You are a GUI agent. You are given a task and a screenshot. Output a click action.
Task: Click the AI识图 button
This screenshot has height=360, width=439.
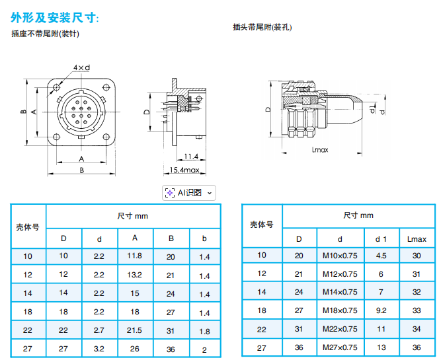pos(189,193)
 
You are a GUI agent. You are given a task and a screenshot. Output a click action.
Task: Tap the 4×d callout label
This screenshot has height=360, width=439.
pos(82,67)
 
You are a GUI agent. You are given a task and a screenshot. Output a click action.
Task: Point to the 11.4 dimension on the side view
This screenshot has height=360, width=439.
pos(191,157)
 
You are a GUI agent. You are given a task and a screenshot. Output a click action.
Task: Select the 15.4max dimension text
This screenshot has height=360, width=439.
pos(184,170)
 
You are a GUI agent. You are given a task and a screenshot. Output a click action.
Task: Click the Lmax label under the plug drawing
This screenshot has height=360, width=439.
pos(320,150)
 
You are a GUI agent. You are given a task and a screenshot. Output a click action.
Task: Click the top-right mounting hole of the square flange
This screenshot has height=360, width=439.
pos(106,87)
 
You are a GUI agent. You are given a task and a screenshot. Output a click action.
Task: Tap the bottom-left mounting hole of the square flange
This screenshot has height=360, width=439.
pos(57,137)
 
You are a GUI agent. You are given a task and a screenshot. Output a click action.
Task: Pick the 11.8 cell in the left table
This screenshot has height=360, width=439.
pos(135,256)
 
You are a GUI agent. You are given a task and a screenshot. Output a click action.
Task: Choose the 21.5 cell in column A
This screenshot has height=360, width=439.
pos(134,330)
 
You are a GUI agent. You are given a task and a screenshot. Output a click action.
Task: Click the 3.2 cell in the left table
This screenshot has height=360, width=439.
pos(99,349)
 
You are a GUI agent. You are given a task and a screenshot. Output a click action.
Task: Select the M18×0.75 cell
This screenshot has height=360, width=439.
pos(340,310)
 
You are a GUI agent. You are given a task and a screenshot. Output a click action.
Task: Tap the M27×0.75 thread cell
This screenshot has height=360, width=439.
pos(340,347)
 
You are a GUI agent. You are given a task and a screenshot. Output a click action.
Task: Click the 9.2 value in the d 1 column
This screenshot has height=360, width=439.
pos(381,310)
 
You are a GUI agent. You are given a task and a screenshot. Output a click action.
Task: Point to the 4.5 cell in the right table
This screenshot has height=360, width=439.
pos(381,256)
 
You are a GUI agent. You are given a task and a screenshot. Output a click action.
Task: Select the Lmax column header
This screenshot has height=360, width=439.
pos(417,239)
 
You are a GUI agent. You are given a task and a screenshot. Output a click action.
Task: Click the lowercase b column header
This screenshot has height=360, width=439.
pos(204,238)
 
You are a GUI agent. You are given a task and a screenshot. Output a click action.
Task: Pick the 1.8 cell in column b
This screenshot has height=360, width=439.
pos(205,332)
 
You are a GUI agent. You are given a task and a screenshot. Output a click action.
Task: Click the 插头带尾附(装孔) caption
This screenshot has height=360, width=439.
pos(262,27)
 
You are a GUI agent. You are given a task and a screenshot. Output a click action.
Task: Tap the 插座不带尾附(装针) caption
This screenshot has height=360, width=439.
pos(46,34)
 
